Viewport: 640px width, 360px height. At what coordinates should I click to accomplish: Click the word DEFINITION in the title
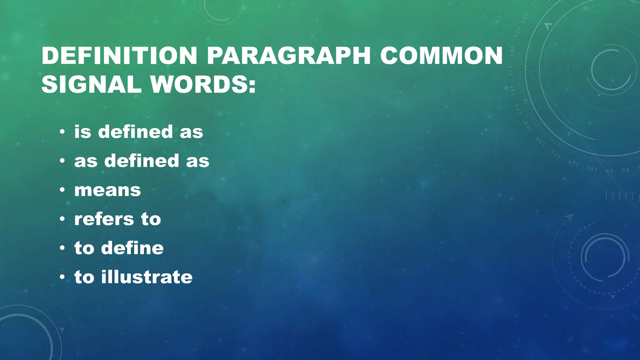[119, 56]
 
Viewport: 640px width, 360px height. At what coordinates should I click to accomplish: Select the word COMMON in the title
[441, 56]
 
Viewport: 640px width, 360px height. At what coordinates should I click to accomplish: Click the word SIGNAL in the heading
[91, 84]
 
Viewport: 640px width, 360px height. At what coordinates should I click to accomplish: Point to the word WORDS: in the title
[203, 84]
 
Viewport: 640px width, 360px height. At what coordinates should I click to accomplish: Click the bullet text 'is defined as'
[138, 132]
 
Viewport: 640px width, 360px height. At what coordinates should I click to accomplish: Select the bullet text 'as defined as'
[142, 161]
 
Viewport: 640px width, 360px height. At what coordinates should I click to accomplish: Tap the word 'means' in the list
[107, 190]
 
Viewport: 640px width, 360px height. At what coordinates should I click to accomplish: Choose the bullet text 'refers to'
[117, 219]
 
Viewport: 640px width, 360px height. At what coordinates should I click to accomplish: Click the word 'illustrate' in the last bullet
[147, 277]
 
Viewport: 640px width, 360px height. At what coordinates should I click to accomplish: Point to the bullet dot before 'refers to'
[62, 219]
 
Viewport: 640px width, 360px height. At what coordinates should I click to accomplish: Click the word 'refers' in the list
[104, 219]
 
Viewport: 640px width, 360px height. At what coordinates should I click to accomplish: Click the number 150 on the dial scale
[517, 109]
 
